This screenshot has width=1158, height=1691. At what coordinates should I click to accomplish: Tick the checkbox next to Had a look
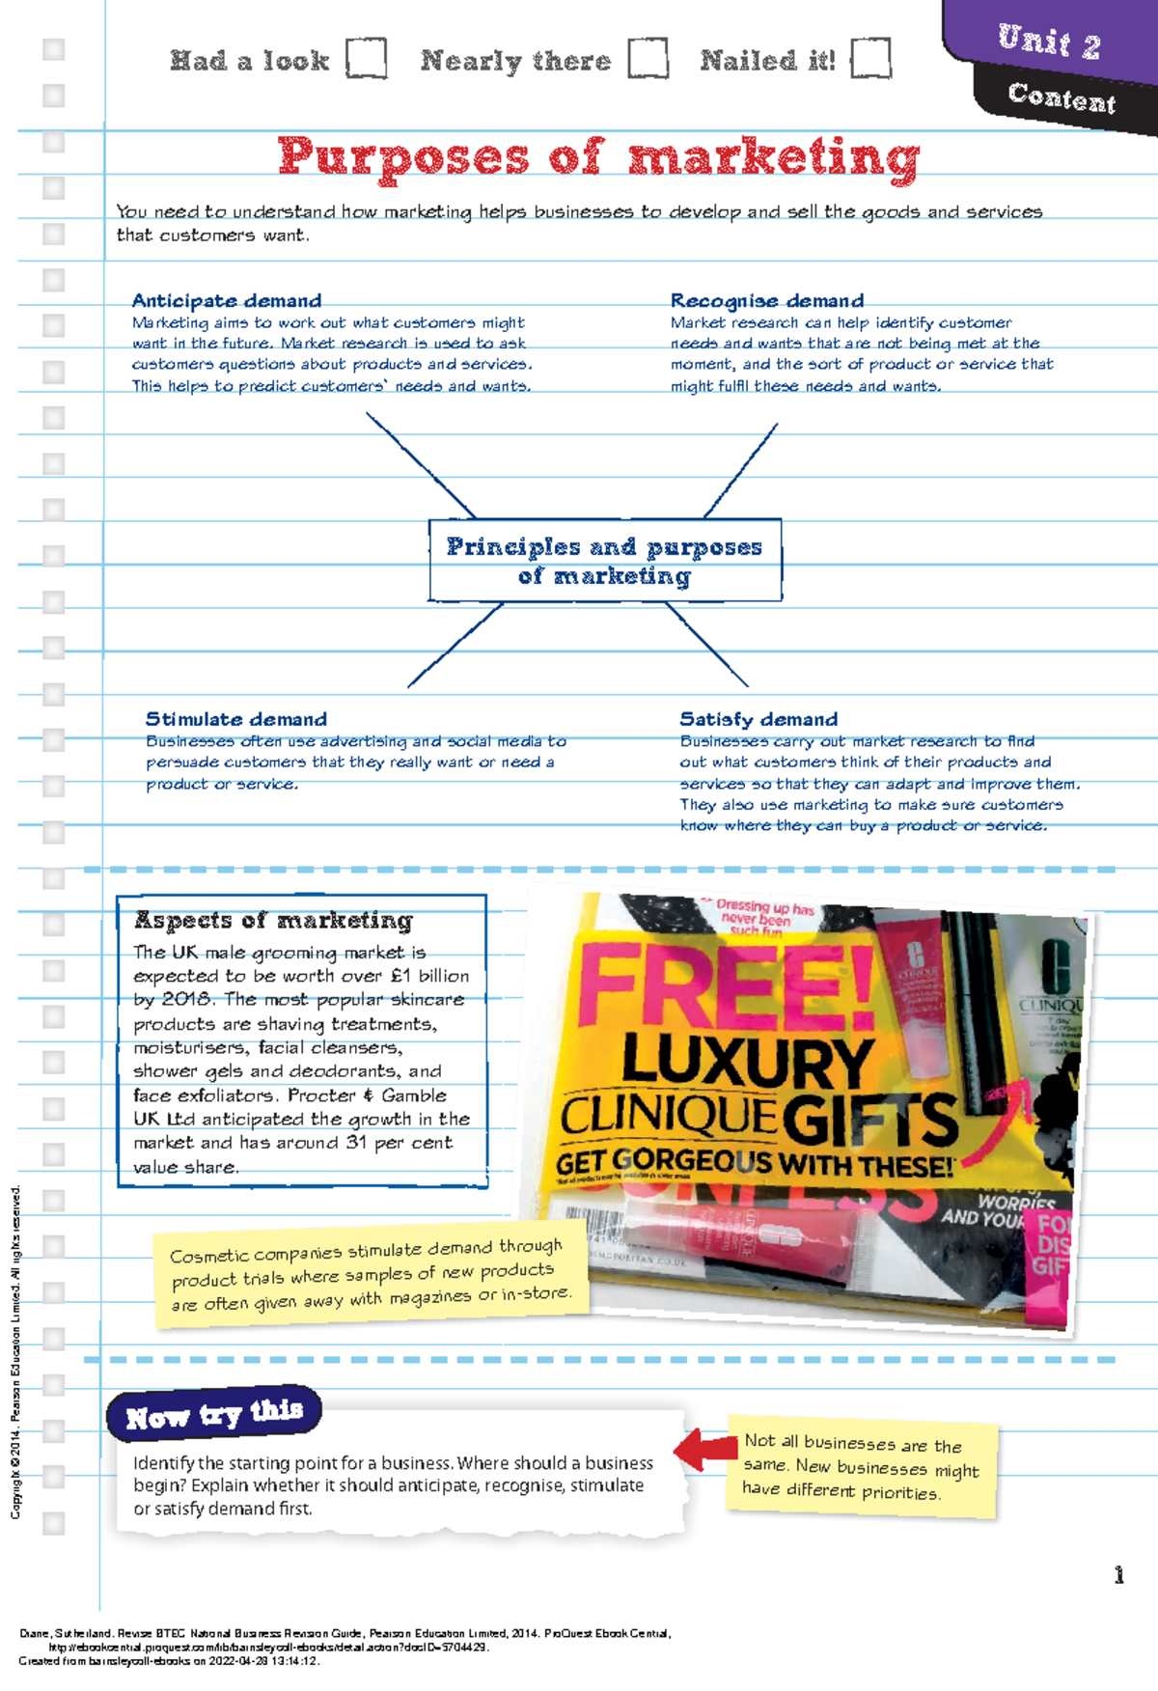pyautogui.click(x=367, y=58)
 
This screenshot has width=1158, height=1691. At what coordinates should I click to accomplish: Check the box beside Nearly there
pyautogui.click(x=648, y=58)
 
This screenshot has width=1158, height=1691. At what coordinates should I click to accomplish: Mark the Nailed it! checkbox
pyautogui.click(x=870, y=58)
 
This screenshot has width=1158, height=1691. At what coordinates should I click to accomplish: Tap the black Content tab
pyautogui.click(x=1061, y=97)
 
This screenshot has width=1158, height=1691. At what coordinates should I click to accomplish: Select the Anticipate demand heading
pyautogui.click(x=227, y=301)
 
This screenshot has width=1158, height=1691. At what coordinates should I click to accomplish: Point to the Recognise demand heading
pyautogui.click(x=767, y=301)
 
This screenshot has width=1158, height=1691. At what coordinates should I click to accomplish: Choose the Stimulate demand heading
pyautogui.click(x=236, y=719)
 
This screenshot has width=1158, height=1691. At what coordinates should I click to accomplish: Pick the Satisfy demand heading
pyautogui.click(x=758, y=719)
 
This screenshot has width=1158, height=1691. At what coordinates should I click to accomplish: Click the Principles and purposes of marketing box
pyautogui.click(x=605, y=561)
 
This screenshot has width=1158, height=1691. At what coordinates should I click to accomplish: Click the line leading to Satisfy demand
pyautogui.click(x=707, y=646)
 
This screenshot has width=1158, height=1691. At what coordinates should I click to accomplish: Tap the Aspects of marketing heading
pyautogui.click(x=274, y=921)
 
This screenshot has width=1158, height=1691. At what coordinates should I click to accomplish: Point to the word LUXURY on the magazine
pyautogui.click(x=748, y=1061)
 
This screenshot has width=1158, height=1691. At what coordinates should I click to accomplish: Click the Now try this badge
pyautogui.click(x=214, y=1415)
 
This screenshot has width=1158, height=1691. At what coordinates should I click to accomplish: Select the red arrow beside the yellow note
pyautogui.click(x=705, y=1449)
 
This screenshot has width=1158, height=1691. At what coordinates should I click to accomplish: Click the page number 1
pyautogui.click(x=1118, y=1576)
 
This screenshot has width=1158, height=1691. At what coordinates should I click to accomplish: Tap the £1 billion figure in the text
pyautogui.click(x=430, y=976)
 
